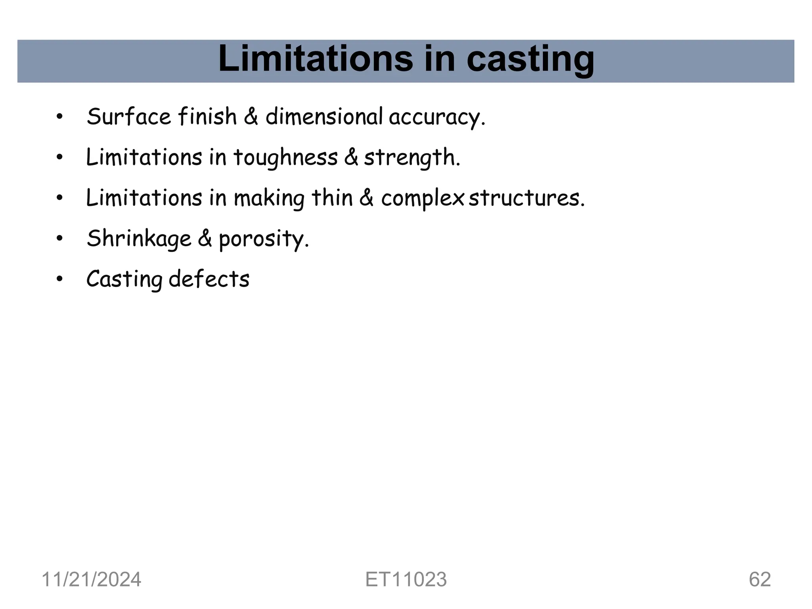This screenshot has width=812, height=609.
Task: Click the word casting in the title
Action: (530, 59)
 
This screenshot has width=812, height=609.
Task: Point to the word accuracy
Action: (437, 118)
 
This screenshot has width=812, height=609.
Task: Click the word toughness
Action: (285, 158)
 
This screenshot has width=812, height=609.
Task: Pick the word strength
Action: (412, 158)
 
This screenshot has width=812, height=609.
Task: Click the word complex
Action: (422, 199)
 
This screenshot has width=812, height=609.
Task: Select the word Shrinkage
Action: (139, 239)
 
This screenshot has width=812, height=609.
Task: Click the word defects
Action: (209, 279)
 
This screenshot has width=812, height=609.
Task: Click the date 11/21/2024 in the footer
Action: (91, 580)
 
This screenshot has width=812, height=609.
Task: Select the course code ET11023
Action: (406, 580)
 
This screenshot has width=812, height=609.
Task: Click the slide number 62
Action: (760, 580)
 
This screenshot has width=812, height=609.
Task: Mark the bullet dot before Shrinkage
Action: (59, 239)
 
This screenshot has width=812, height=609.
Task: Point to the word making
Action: (269, 199)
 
